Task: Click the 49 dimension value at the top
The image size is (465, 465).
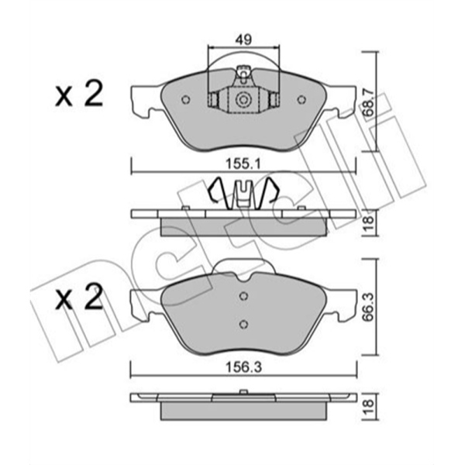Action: pos(244,40)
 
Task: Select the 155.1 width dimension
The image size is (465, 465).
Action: pos(243,164)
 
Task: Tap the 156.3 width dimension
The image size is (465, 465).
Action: pos(244,367)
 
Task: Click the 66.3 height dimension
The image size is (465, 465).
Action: pos(369,307)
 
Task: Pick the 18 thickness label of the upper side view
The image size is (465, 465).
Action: pos(368,222)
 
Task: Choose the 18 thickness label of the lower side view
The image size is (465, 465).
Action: pos(368,407)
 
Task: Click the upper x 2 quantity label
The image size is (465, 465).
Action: pos(79,95)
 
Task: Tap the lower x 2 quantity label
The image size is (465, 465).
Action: pos(79,298)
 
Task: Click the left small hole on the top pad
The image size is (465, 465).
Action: pos(186,100)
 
